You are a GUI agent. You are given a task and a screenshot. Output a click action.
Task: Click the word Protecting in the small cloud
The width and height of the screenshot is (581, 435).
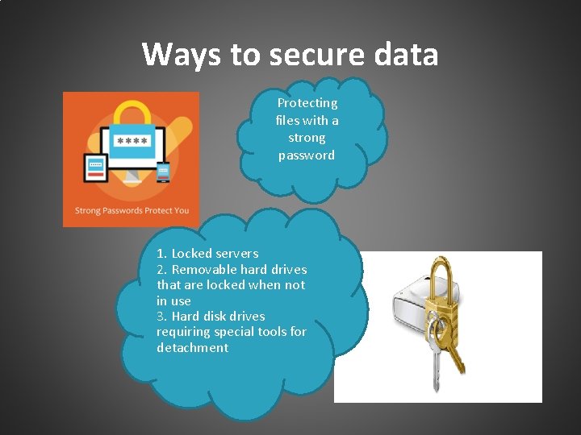coord(307,103)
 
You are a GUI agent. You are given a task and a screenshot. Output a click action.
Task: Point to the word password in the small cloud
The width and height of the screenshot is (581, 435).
coord(307,155)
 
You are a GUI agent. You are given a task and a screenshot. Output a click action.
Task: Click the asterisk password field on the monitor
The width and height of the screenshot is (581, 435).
coord(132,141)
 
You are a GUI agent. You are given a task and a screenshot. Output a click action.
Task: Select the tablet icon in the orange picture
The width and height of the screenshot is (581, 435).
coord(96,168)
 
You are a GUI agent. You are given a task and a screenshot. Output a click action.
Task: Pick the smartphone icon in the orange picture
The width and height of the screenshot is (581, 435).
coord(163,171)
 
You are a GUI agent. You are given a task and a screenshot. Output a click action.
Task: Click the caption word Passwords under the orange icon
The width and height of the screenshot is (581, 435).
coord(122,211)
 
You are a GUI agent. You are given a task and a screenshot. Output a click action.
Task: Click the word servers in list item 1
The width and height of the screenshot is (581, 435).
coord(236,253)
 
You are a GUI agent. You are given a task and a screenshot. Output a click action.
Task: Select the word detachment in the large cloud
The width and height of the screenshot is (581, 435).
coord(193,348)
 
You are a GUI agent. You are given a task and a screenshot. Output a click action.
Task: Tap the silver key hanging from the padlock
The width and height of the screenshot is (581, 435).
coord(437,354)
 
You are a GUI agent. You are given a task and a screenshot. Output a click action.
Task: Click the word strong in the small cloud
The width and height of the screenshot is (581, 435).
coord(307,138)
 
